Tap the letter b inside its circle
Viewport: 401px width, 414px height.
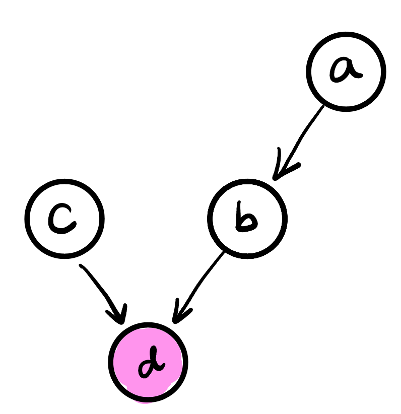(x=247, y=220)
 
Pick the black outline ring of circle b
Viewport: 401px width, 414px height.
(x=285, y=219)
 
